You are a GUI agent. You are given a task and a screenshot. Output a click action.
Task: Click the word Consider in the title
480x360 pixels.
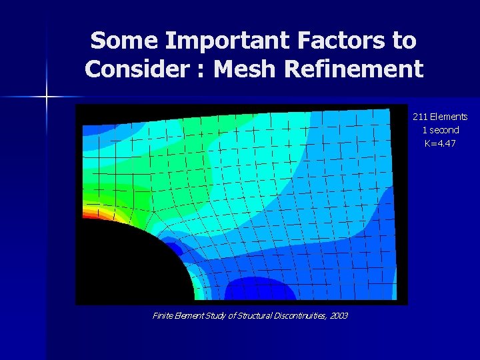(137, 69)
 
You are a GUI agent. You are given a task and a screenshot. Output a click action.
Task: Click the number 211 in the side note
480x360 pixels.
(421, 117)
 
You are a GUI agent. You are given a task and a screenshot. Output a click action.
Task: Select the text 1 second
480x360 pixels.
(440, 130)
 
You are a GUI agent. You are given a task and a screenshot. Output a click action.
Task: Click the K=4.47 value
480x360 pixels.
(440, 143)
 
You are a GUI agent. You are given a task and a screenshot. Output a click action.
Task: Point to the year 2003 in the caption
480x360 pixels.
(337, 315)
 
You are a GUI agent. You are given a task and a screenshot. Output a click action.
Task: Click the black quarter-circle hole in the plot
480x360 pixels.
(127, 263)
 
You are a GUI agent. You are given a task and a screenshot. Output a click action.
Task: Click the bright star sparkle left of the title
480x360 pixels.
(47, 97)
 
